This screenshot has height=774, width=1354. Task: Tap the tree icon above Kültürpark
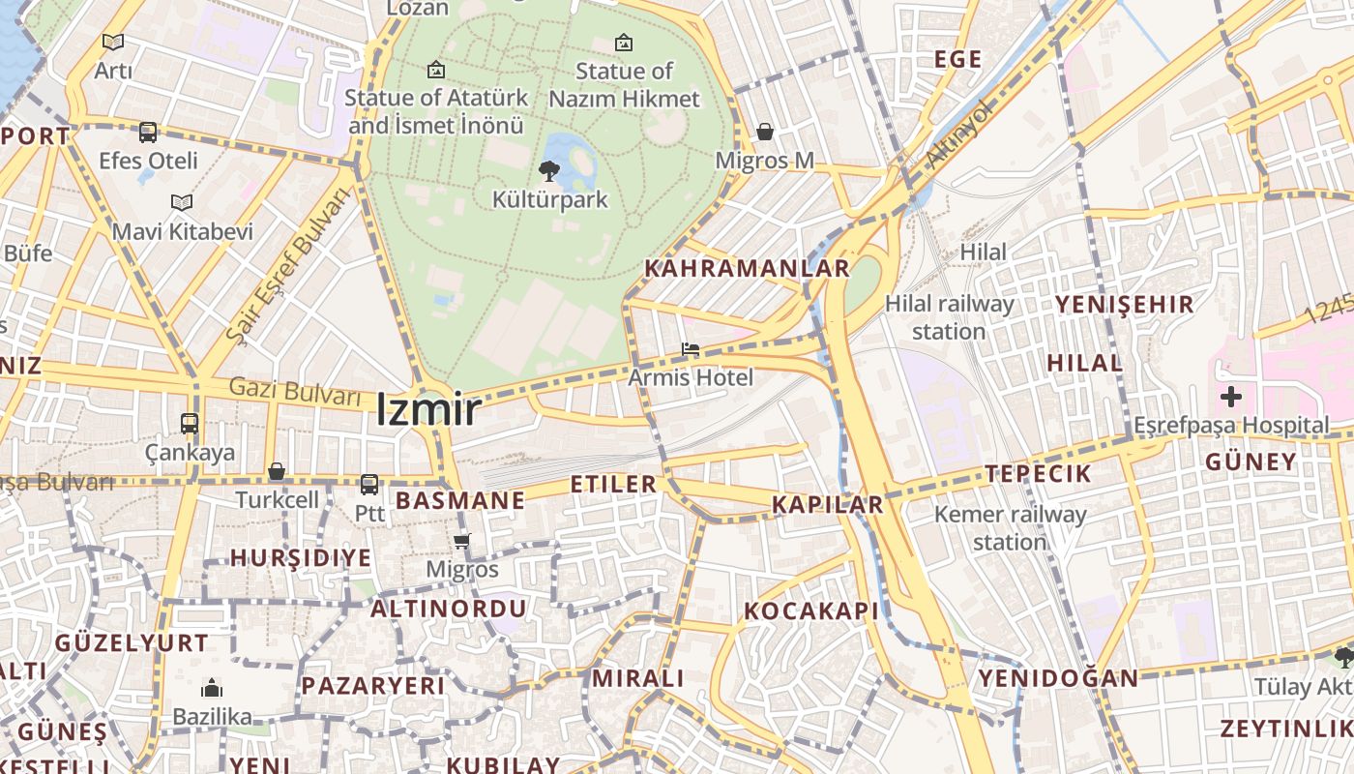[x=549, y=171]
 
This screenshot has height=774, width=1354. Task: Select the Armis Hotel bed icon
[x=690, y=349]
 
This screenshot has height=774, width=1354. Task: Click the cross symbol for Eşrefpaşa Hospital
[x=1230, y=396]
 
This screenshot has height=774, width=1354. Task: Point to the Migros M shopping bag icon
[x=765, y=132]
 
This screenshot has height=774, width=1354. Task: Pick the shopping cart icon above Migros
[x=462, y=541]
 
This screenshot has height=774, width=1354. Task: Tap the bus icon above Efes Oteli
[x=148, y=133]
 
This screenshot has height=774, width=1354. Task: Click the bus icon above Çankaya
[x=190, y=424]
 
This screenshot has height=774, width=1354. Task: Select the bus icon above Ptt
[x=369, y=485]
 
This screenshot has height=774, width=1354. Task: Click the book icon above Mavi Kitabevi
[x=182, y=202]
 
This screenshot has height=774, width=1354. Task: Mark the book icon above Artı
[x=113, y=42]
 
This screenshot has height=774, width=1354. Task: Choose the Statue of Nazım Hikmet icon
[x=624, y=43]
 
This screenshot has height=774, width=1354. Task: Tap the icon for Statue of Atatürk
[x=436, y=70]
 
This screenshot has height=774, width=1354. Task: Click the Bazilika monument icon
[x=211, y=689]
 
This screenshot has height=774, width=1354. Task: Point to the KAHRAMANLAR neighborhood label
[x=747, y=268]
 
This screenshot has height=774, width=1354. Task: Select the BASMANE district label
[x=460, y=500]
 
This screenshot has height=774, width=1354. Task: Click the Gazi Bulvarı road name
[x=294, y=391]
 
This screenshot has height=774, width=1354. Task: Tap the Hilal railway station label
[x=950, y=317]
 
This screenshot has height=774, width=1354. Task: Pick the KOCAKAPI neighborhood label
[x=811, y=611]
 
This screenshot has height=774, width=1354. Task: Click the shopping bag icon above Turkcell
[x=277, y=471]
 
